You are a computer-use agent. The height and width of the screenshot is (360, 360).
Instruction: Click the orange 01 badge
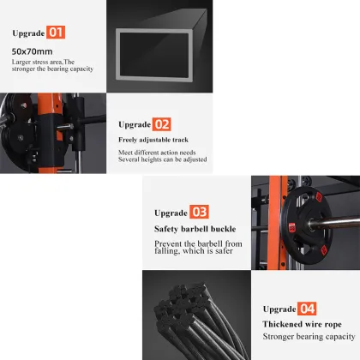pos(56,33)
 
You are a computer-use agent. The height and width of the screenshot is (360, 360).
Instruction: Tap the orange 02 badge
pos(162,124)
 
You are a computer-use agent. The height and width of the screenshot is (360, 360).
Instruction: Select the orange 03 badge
pos(199,212)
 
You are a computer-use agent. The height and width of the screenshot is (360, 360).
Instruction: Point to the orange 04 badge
pos(307,309)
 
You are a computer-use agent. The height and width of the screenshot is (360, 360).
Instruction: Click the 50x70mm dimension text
pos(32,51)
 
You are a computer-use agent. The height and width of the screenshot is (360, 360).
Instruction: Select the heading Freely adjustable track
pos(153,140)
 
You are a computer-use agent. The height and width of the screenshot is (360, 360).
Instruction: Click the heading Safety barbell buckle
pos(195,229)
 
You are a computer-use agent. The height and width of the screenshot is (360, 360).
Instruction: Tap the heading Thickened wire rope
pos(302,324)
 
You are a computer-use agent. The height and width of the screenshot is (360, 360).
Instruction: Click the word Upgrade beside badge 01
pos(28,33)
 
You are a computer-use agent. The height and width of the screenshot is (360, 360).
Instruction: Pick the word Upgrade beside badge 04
pos(279,309)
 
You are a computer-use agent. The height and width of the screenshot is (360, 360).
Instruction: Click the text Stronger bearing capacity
pos(309,337)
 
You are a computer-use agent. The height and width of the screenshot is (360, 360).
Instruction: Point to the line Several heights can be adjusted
pos(163,159)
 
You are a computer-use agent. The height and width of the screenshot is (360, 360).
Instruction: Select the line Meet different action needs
pos(157,153)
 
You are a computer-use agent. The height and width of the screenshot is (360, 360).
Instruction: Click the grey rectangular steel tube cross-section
pos(117,54)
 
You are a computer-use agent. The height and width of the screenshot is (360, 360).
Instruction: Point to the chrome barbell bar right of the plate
pos(336,223)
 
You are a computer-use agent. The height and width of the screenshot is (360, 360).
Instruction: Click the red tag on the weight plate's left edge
pos(292,228)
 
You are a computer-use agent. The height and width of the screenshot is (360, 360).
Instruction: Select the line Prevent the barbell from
pos(198,243)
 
